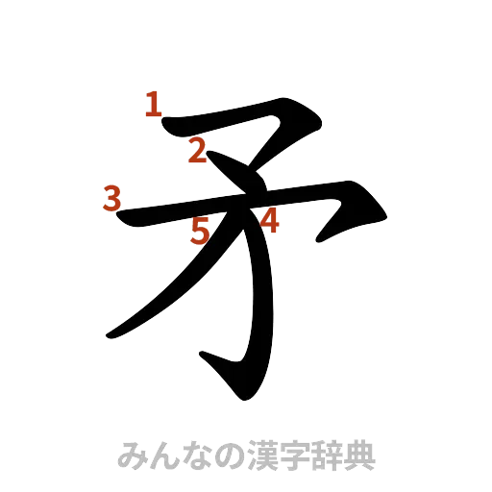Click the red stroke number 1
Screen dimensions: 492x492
tap(153, 105)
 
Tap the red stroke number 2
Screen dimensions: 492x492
tap(198, 151)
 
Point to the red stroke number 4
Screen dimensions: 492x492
tap(270, 221)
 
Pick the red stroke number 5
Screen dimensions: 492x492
tap(201, 231)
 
